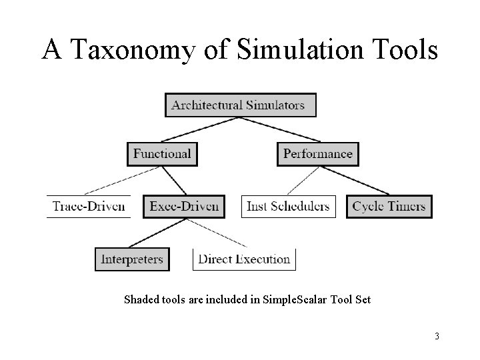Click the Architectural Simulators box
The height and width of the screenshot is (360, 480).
click(240, 105)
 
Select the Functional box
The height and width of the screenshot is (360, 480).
click(162, 154)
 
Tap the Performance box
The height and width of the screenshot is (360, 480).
click(318, 154)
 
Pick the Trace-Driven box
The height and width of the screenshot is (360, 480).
click(89, 206)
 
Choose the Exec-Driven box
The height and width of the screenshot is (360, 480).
click(184, 206)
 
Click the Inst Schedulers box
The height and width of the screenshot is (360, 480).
click(288, 206)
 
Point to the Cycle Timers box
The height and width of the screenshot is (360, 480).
click(389, 206)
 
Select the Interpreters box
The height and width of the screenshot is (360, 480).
click(132, 259)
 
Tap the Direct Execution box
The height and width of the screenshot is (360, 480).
click(244, 259)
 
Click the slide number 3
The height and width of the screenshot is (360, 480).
click(437, 337)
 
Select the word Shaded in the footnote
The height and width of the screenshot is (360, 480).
click(141, 300)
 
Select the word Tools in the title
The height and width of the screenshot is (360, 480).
click(404, 51)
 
